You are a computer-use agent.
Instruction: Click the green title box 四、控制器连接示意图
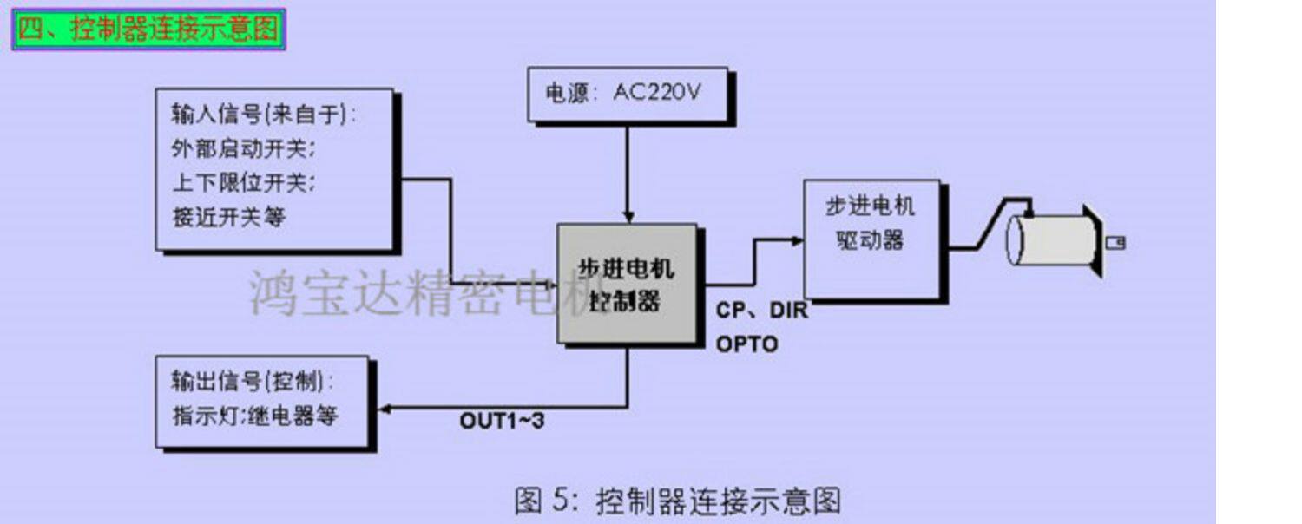(148, 29)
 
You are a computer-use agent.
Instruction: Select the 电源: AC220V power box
(627, 93)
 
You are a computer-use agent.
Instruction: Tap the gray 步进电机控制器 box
(627, 284)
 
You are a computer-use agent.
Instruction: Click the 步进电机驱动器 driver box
(871, 239)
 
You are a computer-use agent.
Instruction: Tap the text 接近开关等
(228, 217)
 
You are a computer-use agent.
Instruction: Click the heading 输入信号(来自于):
(265, 115)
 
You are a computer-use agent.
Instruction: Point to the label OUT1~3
(502, 422)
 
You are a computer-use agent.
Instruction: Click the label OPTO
(746, 344)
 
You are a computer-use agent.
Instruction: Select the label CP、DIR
(761, 311)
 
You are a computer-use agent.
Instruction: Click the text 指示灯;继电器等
(254, 415)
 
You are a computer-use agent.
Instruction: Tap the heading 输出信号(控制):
(253, 381)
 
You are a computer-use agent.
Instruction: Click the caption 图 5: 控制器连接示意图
(677, 501)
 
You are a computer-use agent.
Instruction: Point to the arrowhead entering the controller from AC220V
(628, 217)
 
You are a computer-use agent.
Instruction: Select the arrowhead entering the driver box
(797, 240)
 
